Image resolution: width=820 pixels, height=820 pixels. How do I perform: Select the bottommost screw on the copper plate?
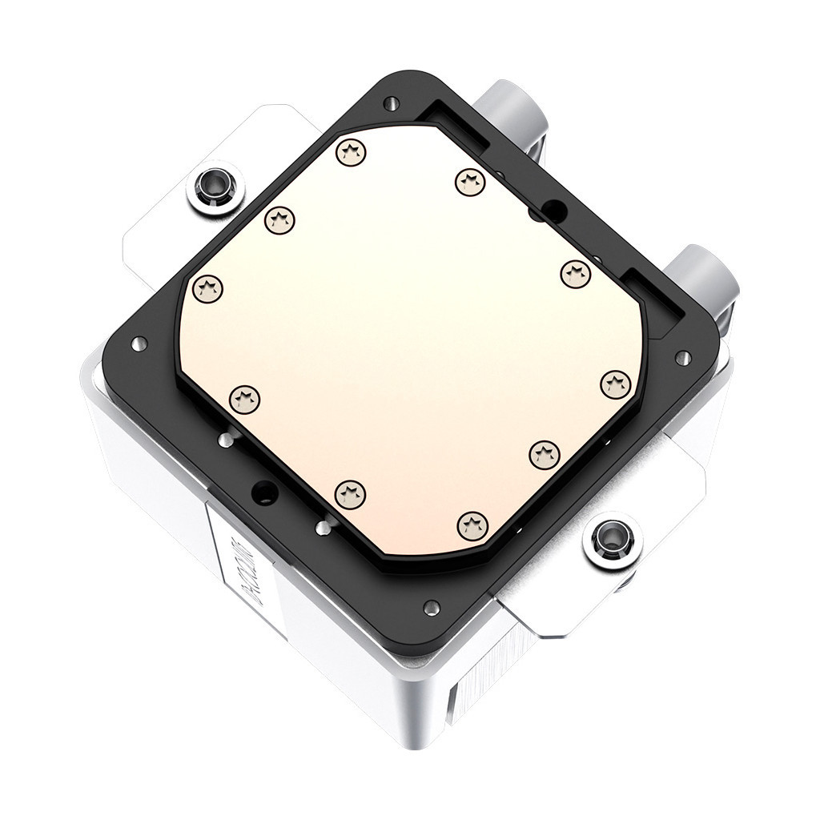[x=472, y=525]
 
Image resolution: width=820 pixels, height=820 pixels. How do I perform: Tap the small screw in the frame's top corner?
[x=391, y=102]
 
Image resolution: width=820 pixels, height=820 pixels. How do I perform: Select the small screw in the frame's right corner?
[x=682, y=357]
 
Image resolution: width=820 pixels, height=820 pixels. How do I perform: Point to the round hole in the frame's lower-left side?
[x=261, y=491]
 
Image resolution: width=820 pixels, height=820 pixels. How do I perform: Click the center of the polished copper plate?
[x=408, y=336]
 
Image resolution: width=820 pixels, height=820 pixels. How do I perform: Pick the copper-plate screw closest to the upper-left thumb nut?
[x=280, y=218]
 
